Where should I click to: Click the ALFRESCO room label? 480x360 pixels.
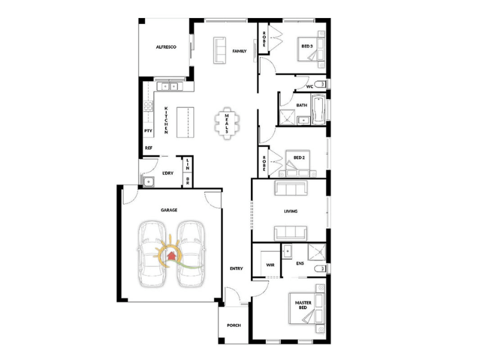point(166,47)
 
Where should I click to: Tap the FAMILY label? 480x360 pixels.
point(239,51)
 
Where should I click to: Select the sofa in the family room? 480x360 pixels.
point(220,50)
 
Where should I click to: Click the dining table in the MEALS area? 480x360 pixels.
point(227,124)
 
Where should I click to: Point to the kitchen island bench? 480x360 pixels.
point(185,122)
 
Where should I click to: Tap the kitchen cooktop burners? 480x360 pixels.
point(148,106)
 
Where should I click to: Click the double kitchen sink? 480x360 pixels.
point(170,86)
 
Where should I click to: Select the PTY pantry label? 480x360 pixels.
point(148,131)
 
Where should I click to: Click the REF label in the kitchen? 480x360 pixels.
point(148,148)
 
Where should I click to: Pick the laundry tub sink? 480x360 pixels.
point(148,182)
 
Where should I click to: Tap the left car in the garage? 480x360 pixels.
point(152,254)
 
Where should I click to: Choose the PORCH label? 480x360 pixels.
point(234,325)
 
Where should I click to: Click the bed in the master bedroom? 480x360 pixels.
point(307,308)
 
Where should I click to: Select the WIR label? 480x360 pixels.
point(271,265)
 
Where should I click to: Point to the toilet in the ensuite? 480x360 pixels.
point(320,269)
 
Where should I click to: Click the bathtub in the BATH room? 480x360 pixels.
point(319,110)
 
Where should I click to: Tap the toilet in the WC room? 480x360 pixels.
point(321,84)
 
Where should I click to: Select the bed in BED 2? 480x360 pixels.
point(298,164)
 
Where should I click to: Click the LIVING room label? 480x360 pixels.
point(290,211)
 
